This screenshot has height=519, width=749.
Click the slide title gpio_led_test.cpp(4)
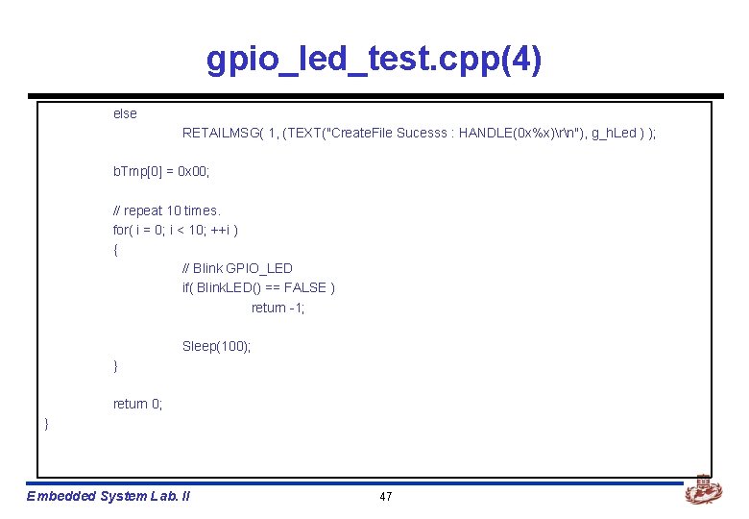coord(374,61)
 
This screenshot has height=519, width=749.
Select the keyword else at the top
coord(125,113)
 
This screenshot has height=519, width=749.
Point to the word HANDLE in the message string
coord(486,134)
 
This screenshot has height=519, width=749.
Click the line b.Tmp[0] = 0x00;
coord(160,172)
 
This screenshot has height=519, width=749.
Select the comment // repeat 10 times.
coord(166,210)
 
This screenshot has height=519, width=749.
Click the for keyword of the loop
coord(121,230)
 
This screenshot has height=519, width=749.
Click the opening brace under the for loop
coord(116,250)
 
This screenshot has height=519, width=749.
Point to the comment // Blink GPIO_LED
coord(237,268)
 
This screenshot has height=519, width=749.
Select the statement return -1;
coord(278,308)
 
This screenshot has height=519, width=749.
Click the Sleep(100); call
coord(216,346)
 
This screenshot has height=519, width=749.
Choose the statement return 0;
coord(137,404)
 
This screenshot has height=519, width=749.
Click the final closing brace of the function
coord(46,424)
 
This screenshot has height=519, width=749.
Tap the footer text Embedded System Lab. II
coord(109,496)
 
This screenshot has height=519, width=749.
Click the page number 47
coord(386,496)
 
